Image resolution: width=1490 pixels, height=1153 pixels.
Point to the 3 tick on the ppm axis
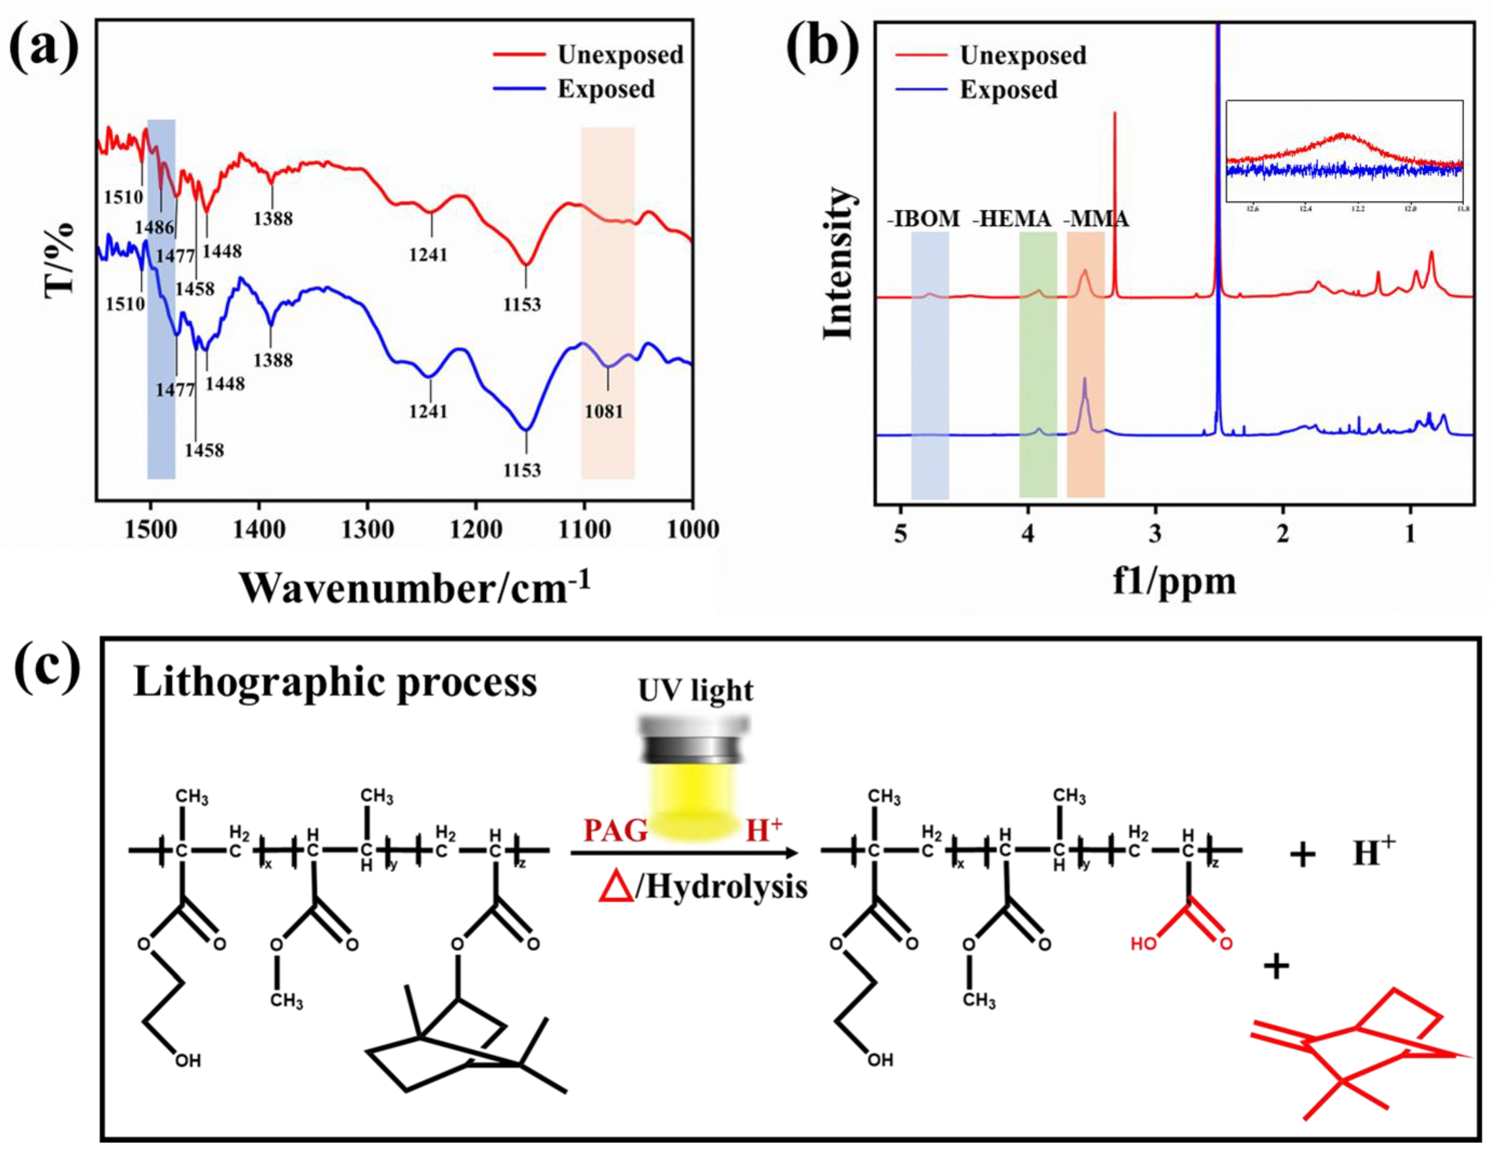(1155, 534)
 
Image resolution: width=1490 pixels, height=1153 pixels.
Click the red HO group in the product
(1143, 945)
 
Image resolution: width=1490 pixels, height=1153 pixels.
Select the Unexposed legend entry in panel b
(1023, 55)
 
